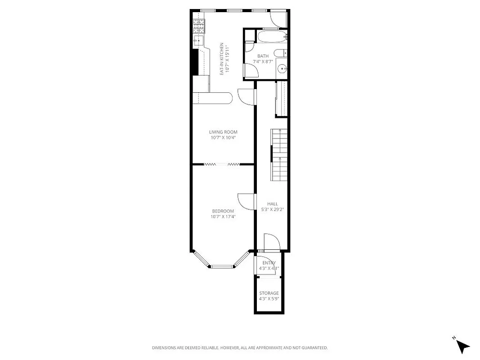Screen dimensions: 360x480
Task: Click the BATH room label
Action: [x=263, y=56]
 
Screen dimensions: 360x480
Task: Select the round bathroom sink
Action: [x=281, y=69]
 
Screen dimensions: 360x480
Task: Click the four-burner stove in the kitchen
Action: [x=198, y=27]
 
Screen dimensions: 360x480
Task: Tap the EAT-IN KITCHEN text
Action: [x=222, y=58]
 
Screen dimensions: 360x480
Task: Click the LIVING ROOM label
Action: [x=223, y=132]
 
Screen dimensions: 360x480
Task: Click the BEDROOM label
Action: [x=223, y=211]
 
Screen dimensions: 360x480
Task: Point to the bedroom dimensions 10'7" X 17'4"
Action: [x=223, y=216]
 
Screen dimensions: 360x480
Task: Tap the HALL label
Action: [x=273, y=204]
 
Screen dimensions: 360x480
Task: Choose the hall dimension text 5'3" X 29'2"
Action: [x=273, y=209]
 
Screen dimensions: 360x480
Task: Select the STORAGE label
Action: [x=269, y=293]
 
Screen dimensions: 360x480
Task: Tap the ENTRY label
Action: [x=269, y=263]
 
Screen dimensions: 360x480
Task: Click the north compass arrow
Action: [x=462, y=346]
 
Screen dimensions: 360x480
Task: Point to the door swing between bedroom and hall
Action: [x=245, y=201]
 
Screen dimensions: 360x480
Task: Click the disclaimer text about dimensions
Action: [x=240, y=348]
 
